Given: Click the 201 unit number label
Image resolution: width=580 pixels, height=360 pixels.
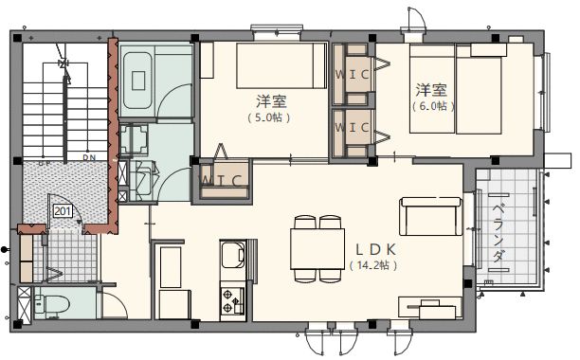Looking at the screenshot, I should (63, 211).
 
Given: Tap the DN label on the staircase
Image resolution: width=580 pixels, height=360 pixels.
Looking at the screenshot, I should (90, 157).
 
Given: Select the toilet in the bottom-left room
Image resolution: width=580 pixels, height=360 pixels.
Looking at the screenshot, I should (53, 305).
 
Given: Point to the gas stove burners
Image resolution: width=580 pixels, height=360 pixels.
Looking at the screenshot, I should (232, 301).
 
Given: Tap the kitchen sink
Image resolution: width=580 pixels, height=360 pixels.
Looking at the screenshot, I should (232, 257).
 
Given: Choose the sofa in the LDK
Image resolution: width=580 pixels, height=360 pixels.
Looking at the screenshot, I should (430, 217).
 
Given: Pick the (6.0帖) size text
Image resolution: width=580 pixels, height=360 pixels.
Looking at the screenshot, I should (433, 106).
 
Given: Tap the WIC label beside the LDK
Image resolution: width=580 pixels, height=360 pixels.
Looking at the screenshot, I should (224, 180).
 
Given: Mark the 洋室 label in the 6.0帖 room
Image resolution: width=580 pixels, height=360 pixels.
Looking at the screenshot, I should (431, 90).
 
